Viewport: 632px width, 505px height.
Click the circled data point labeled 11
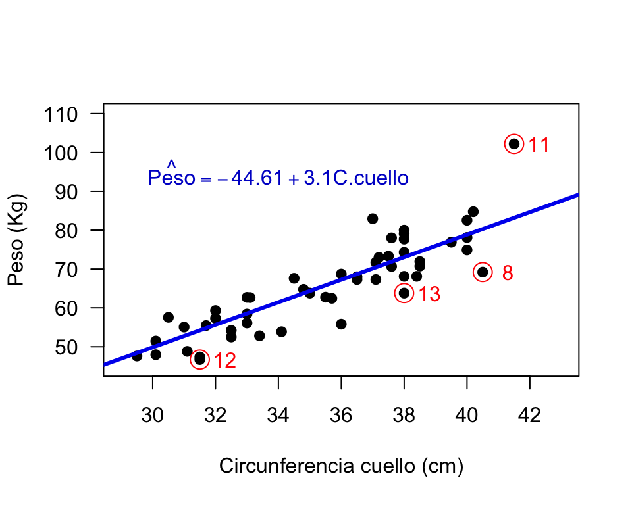pos(514,144)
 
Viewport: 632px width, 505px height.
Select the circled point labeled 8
pos(483,272)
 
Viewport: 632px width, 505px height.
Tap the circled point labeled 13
pos(404,293)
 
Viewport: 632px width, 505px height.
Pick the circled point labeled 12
pos(200,359)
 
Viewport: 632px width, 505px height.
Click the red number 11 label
pos(539,145)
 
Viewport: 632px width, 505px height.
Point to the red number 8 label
pos(508,273)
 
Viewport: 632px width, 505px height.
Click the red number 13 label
pos(429,294)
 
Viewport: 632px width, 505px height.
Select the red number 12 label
pos(225,360)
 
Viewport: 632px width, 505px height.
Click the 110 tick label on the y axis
pos(61,115)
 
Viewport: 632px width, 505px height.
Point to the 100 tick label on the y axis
pos(61,153)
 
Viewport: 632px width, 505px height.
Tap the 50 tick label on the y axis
pos(66,347)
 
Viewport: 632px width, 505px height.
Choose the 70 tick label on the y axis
pos(66,270)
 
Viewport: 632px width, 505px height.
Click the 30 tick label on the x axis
pos(152,415)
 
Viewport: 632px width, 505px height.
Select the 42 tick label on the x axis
pos(529,415)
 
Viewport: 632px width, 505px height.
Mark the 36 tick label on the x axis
pos(341,415)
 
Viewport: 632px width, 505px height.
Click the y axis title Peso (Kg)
pos(17,240)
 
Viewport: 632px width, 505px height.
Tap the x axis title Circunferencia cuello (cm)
pos(341,466)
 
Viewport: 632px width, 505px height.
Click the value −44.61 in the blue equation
pos(250,178)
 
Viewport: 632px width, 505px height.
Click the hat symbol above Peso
pos(171,164)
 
